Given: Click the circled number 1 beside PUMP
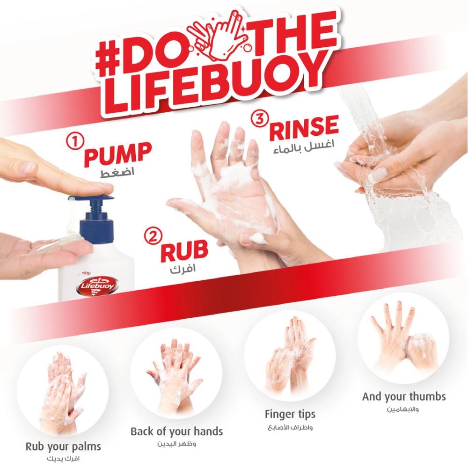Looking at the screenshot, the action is coord(74,141).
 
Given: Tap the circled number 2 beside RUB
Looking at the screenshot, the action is coord(153,236).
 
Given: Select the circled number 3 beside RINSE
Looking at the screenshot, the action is coord(260,119).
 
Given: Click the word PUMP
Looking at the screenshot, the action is coord(117,154).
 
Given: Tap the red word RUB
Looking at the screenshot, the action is coord(184,251).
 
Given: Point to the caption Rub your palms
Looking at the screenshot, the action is coord(63,447).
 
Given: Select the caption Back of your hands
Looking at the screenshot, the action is coord(177,431).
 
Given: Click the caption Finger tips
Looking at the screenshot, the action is coord(290,414).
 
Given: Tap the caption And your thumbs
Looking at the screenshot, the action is coord(404,397).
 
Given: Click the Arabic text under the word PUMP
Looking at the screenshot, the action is coord(117,172).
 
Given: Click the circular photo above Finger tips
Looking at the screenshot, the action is coord(290,356).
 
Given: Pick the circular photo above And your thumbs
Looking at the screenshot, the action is coord(404,338).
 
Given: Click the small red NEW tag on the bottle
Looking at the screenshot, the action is coord(87,273).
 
